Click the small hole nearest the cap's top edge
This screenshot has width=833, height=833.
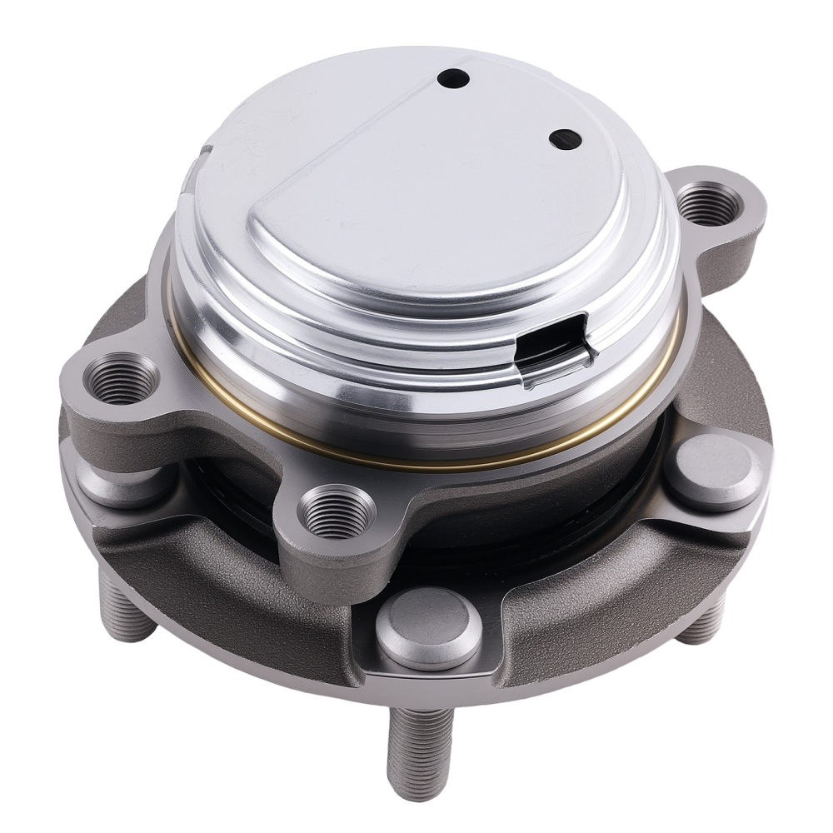tap(455, 78)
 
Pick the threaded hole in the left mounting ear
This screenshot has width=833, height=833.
tap(123, 379)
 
